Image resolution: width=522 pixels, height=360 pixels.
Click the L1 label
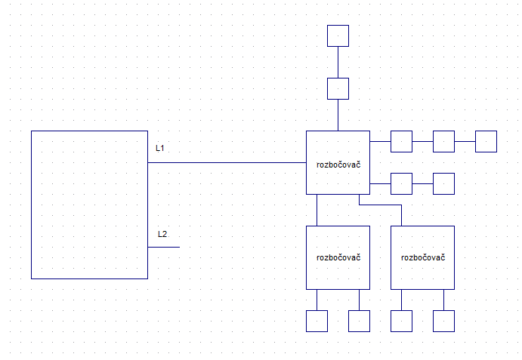coord(160,148)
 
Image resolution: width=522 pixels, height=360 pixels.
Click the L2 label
coord(162,234)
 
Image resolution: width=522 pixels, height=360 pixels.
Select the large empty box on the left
coord(89,205)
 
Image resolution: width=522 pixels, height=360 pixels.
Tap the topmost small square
coord(338,35)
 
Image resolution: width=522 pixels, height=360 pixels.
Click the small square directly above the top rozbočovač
coord(338,88)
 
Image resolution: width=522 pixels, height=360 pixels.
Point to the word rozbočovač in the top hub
coord(338,163)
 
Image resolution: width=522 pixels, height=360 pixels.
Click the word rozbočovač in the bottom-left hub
coord(338,257)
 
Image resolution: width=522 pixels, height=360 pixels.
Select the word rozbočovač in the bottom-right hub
coord(422,257)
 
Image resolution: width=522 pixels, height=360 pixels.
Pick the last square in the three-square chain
coord(486,141)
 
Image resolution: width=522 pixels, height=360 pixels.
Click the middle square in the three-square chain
coord(443,141)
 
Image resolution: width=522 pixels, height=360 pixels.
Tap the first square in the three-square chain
coord(401,141)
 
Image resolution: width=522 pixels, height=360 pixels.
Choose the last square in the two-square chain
coord(443,183)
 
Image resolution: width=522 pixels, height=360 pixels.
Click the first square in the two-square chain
coord(401,183)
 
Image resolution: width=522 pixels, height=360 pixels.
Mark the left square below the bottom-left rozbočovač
coord(317,321)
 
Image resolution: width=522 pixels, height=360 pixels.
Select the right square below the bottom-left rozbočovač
coord(359,321)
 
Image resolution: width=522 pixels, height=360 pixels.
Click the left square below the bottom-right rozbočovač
coord(401,321)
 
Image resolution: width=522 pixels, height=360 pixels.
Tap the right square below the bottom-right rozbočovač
coord(443,321)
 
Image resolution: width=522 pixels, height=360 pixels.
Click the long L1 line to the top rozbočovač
coord(227,162)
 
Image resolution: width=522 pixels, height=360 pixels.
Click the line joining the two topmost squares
coord(338,62)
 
